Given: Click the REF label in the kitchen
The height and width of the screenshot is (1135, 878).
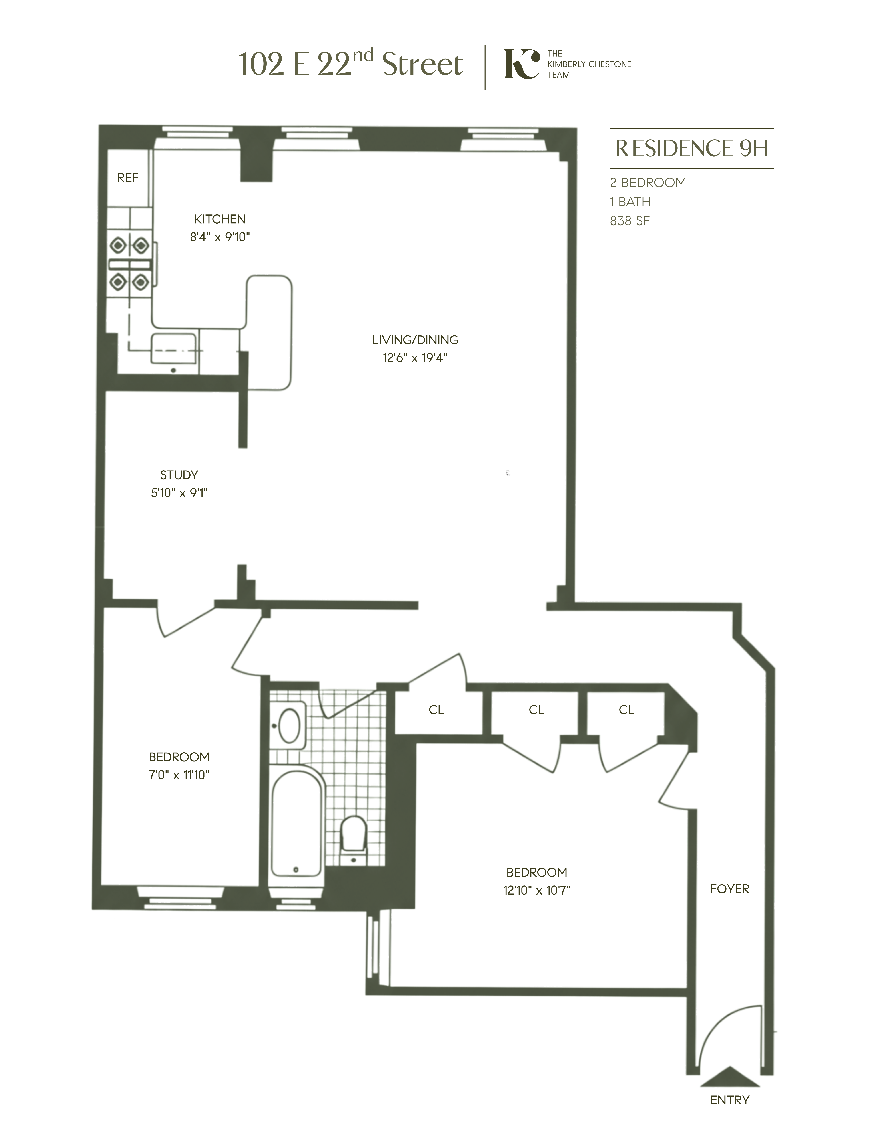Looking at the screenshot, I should click(127, 178).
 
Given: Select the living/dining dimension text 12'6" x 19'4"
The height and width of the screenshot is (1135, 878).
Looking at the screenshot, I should click(415, 358).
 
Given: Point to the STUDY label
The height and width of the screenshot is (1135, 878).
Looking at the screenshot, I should click(179, 475).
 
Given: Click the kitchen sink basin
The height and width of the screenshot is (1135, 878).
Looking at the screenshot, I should click(173, 348).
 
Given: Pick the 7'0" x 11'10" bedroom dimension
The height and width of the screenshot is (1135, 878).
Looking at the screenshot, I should click(179, 775).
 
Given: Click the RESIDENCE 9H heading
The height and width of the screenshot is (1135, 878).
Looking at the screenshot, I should click(692, 149).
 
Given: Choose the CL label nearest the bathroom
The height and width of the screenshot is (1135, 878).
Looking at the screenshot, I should click(436, 710).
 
